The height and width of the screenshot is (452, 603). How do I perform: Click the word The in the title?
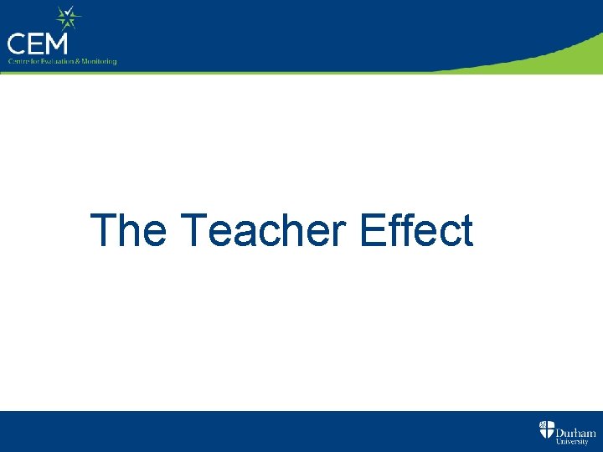(128, 230)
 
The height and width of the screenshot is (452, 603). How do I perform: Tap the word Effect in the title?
(416, 230)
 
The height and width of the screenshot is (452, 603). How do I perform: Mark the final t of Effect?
(466, 231)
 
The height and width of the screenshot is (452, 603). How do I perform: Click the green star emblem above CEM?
(66, 16)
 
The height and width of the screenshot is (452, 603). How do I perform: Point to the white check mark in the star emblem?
(67, 16)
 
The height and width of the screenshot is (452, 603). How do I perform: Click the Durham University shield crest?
(546, 431)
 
